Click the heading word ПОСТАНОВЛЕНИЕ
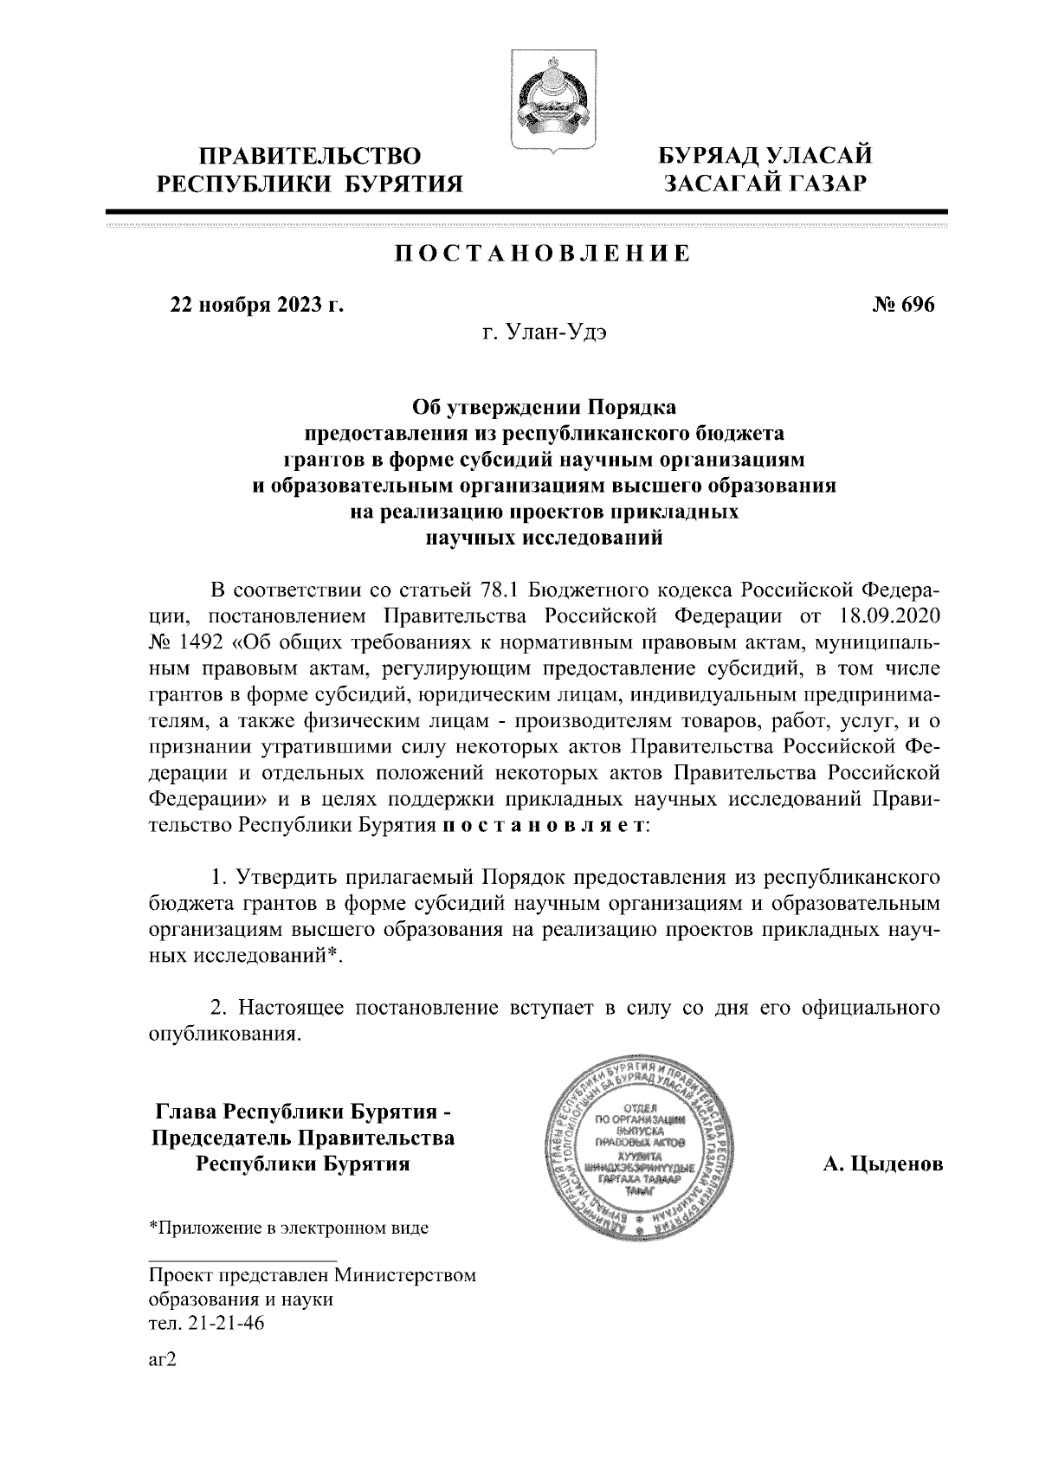543,254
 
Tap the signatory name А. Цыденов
882,1164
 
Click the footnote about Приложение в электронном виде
289,1228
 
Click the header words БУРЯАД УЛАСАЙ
764,157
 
